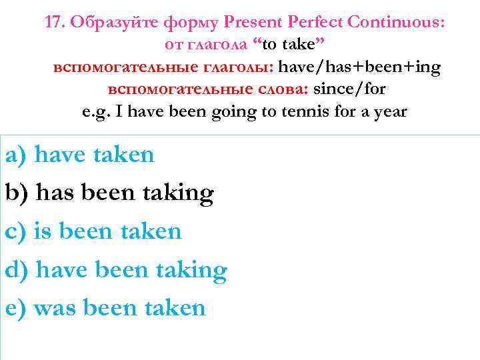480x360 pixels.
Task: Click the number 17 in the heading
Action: [54, 23]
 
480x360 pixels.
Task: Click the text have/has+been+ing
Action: [359, 67]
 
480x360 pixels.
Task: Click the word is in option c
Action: [43, 231]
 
